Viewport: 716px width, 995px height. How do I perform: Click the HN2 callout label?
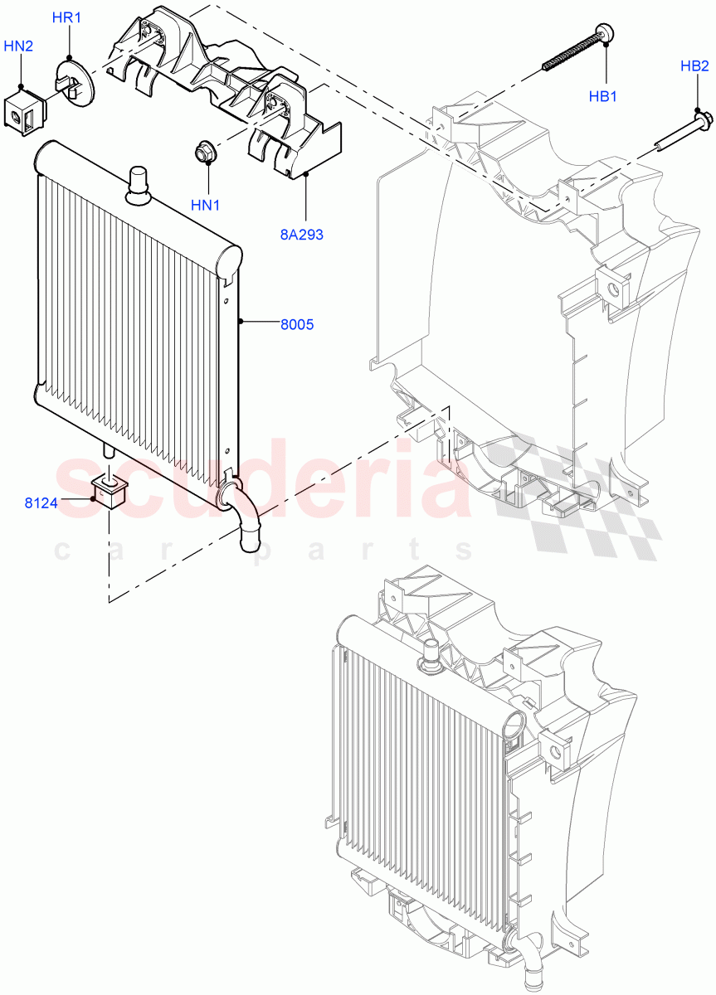pyautogui.click(x=18, y=46)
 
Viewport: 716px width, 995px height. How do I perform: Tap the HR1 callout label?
pyautogui.click(x=67, y=17)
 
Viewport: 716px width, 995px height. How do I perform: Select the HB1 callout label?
pyautogui.click(x=603, y=96)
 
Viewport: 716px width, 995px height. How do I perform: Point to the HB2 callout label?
pyautogui.click(x=694, y=66)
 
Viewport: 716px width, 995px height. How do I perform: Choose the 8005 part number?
pyautogui.click(x=296, y=325)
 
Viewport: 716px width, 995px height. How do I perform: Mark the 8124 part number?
pyautogui.click(x=40, y=502)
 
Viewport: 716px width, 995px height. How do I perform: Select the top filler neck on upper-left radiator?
pyautogui.click(x=137, y=184)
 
